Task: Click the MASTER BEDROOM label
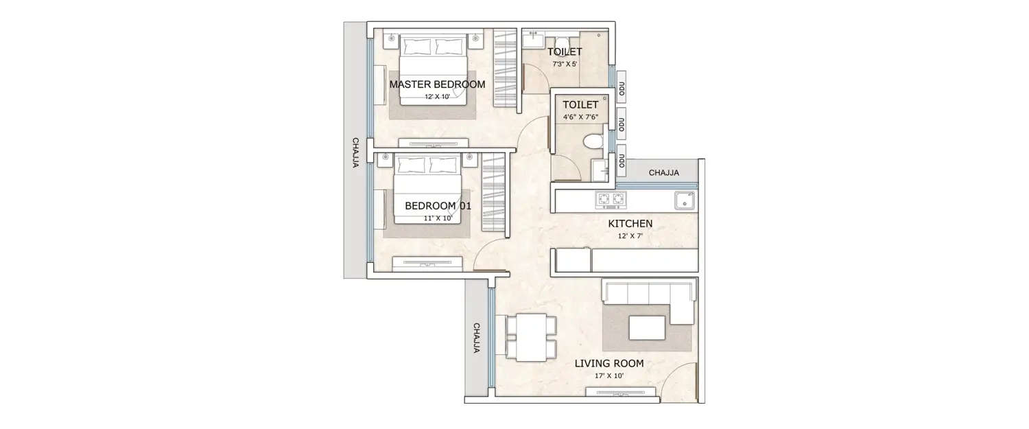(x=437, y=84)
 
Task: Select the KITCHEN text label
(x=630, y=224)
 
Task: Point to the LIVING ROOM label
(x=608, y=363)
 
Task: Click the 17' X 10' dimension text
(x=608, y=377)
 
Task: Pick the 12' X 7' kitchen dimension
(x=630, y=236)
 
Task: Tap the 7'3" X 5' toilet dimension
(x=565, y=65)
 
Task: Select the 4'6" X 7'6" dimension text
(x=581, y=117)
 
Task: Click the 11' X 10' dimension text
(x=437, y=218)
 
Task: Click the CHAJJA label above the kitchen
(x=663, y=173)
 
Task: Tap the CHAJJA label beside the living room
(x=476, y=338)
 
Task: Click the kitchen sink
(x=684, y=200)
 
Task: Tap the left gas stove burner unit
(x=604, y=200)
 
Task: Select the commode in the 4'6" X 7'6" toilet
(x=591, y=142)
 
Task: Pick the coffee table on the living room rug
(x=646, y=327)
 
